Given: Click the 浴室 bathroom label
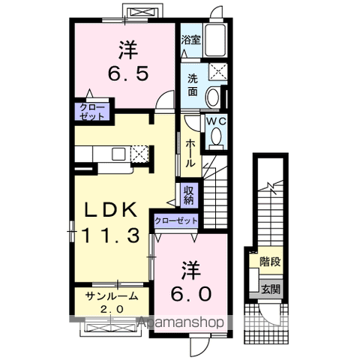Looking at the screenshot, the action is [190, 40].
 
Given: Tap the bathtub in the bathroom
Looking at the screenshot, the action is [215, 40].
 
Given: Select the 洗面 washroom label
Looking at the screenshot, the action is [193, 85].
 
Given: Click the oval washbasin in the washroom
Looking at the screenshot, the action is [212, 97].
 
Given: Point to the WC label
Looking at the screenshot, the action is [216, 121].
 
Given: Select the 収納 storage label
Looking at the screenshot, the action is [189, 195].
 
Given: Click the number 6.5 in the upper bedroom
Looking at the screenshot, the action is [128, 73].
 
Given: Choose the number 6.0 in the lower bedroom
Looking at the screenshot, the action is [191, 294].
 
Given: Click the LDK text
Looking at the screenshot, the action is [111, 210].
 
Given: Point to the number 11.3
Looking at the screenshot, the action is [110, 235].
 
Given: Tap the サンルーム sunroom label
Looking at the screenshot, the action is [112, 296].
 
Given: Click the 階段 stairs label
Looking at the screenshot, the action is [270, 262].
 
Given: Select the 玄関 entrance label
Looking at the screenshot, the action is [271, 289].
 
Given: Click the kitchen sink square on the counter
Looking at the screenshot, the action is [118, 154].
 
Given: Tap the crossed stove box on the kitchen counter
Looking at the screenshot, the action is [140, 154].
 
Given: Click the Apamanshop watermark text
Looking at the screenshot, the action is [181, 322].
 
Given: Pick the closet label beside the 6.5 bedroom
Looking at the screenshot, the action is [92, 112].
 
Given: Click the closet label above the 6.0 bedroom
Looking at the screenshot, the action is [176, 220].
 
